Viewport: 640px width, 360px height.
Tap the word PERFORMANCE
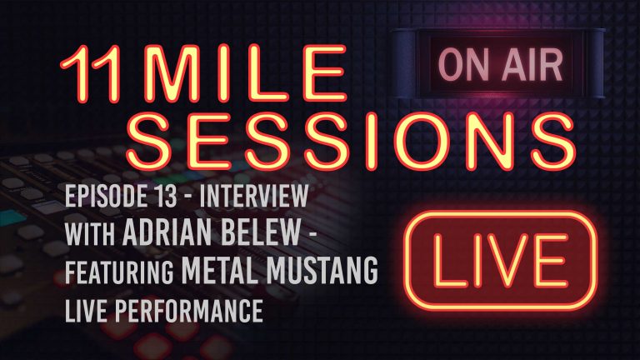coord(192,311)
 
